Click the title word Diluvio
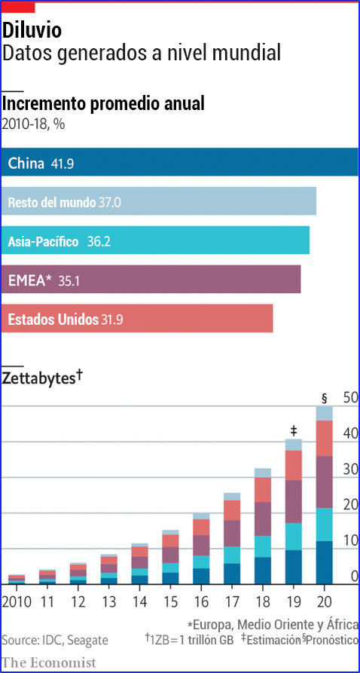(32, 30)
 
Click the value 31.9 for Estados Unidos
(111, 320)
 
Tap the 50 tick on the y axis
(349, 397)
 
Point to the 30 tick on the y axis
(349, 469)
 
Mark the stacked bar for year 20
(324, 497)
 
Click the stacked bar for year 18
(262, 528)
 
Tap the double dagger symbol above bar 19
(294, 430)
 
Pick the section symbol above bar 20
(324, 398)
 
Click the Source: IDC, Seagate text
(54, 640)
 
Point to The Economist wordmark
(49, 662)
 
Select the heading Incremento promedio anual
(104, 104)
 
